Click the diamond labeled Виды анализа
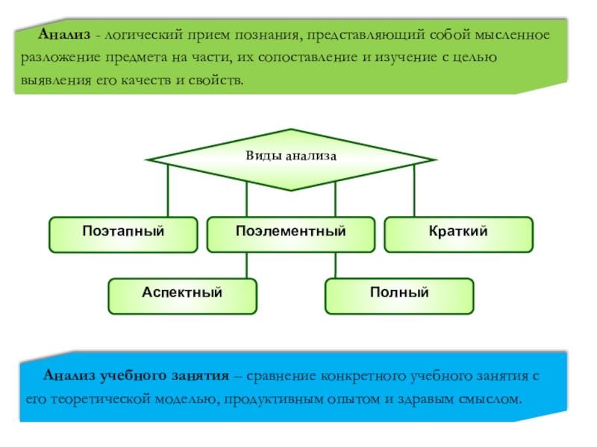(x=291, y=158)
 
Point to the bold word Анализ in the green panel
(x=66, y=35)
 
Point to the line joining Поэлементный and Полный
(x=335, y=265)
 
